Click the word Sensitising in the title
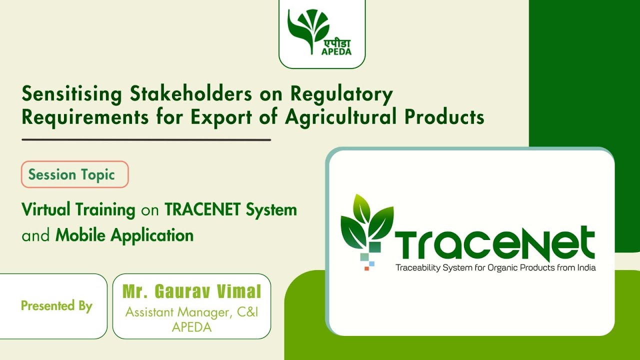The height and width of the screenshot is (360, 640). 71,94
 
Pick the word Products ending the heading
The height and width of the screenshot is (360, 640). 444,117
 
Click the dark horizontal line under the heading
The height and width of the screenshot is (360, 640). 146,140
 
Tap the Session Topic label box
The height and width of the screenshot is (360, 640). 74,174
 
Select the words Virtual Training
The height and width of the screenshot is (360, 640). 78,209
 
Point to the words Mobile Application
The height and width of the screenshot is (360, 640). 124,235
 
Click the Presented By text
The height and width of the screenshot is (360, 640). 56,305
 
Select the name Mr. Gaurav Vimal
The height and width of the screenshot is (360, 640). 191,291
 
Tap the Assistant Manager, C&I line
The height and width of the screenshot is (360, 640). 191,312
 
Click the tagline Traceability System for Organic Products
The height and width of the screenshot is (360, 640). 495,267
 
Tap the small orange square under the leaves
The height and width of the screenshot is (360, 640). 366,268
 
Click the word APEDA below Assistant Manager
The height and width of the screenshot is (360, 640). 191,327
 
